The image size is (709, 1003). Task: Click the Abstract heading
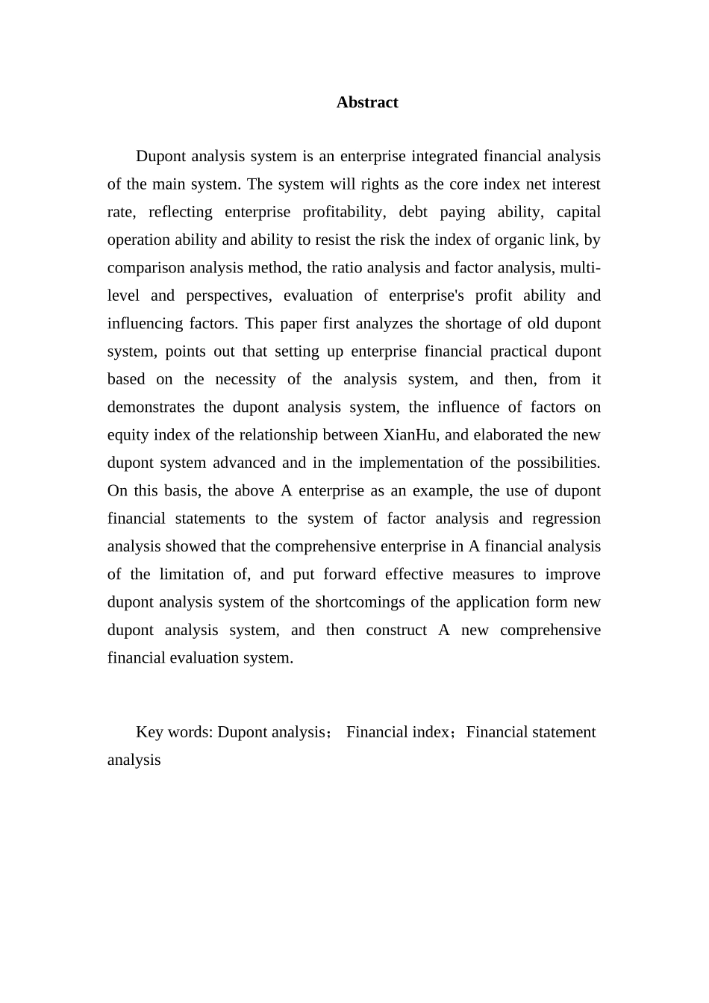[x=366, y=102]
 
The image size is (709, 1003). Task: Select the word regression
[x=566, y=519]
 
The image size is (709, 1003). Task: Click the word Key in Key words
[x=149, y=732]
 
